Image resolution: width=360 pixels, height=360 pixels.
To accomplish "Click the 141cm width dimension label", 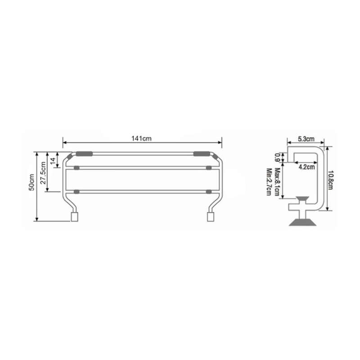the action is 141,139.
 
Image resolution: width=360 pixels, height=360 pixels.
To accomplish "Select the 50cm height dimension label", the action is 31,182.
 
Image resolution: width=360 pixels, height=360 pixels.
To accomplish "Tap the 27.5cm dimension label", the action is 43,173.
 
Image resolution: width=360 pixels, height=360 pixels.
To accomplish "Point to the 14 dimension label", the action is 53,160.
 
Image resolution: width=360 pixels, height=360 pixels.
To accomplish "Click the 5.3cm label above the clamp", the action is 306,139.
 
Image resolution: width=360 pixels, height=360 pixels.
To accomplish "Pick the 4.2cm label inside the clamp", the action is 306,167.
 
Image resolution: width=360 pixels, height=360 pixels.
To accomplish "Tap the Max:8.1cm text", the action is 277,182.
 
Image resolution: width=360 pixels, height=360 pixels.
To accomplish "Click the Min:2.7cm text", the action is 269,182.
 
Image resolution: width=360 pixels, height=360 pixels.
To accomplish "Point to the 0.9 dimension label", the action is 277,157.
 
